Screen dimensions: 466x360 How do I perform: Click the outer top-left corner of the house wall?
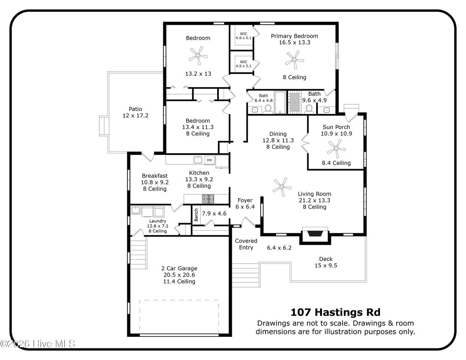[x=164, y=22]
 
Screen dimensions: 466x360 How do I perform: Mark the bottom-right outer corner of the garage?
[x=231, y=336]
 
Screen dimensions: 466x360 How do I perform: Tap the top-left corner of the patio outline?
[x=108, y=72]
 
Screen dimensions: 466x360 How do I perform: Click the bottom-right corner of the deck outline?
[x=367, y=282]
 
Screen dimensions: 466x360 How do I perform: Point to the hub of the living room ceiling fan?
[x=282, y=187]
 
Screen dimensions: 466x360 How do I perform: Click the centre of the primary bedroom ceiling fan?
[x=295, y=60]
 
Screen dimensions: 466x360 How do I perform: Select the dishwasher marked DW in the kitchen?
[x=209, y=160]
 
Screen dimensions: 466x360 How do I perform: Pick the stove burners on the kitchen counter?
[x=208, y=199]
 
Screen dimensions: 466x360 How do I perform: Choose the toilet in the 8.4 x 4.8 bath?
[x=268, y=109]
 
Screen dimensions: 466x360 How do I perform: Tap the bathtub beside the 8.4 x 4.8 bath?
[x=280, y=103]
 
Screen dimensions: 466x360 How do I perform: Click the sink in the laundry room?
[x=135, y=210]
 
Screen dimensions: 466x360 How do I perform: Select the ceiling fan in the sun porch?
[x=336, y=148]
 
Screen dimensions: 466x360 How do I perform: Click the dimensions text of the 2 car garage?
[x=179, y=275]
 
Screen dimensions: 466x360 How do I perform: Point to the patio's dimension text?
[x=135, y=116]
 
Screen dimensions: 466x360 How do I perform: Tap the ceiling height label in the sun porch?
[x=336, y=163]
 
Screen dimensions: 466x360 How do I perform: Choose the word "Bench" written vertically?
[x=196, y=215]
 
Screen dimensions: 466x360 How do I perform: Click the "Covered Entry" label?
[x=246, y=244]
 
